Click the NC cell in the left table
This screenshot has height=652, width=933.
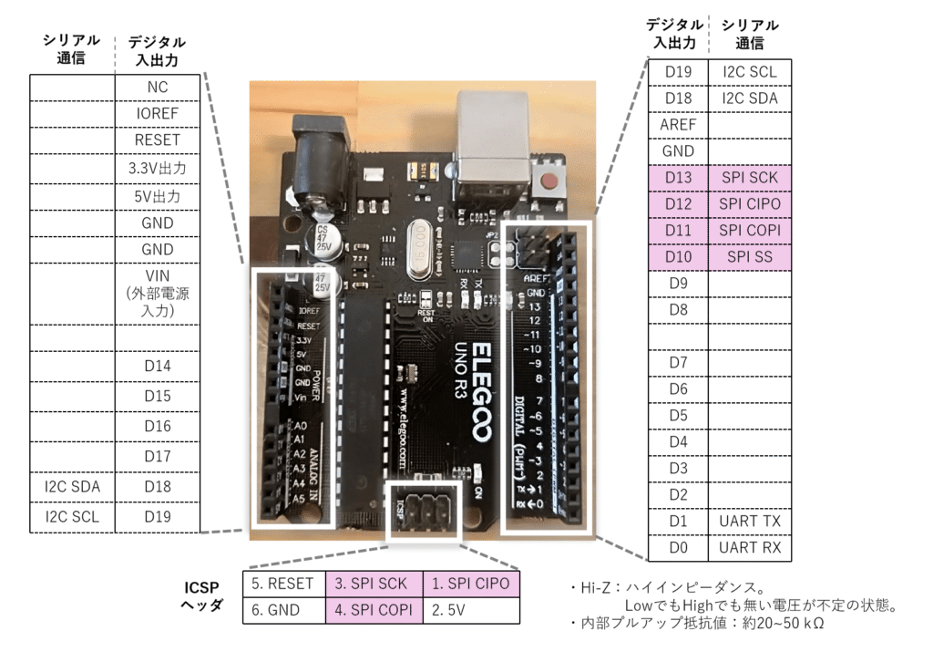pyautogui.click(x=157, y=87)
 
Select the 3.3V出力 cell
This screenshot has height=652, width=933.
pyautogui.click(x=157, y=169)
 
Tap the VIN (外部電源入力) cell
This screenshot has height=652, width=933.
pyautogui.click(x=157, y=293)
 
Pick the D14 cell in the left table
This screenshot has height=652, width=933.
pyautogui.click(x=157, y=367)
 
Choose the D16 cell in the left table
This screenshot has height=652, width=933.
pyautogui.click(x=157, y=426)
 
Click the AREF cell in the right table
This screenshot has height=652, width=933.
pyautogui.click(x=677, y=125)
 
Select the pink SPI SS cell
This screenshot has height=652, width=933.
pyautogui.click(x=749, y=257)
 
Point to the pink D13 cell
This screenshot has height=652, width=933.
pyautogui.click(x=677, y=178)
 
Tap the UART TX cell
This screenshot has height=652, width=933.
pyautogui.click(x=749, y=521)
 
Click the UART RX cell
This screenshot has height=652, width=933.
pyautogui.click(x=749, y=547)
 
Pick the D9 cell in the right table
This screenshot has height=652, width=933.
pyautogui.click(x=677, y=284)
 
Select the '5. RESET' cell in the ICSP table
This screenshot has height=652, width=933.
pyautogui.click(x=282, y=584)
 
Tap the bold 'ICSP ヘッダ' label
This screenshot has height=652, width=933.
pyautogui.click(x=202, y=596)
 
